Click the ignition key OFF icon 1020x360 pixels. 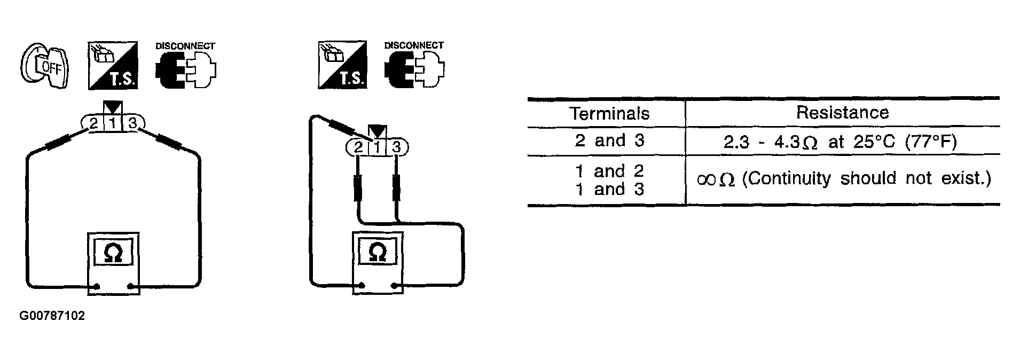(x=44, y=67)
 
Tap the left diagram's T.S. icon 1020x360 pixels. (x=113, y=65)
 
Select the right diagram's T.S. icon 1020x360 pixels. (x=342, y=65)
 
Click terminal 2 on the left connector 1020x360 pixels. (x=93, y=124)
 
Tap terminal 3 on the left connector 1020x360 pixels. (x=133, y=124)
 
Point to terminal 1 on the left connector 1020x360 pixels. (x=113, y=124)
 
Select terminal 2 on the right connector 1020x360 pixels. (x=358, y=147)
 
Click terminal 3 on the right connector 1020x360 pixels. (x=396, y=147)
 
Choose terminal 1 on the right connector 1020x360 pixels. (x=377, y=147)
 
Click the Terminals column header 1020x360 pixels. (x=609, y=113)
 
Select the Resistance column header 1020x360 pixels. (x=842, y=112)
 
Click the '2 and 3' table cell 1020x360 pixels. (x=609, y=140)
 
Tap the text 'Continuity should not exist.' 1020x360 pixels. (x=866, y=178)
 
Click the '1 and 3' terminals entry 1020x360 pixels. (x=609, y=189)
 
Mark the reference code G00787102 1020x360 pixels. (x=52, y=316)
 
